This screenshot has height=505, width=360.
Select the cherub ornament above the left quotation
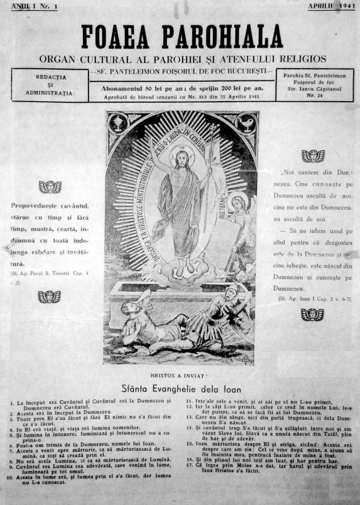click(x=50, y=187)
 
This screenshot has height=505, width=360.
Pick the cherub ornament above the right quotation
click(x=313, y=155)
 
